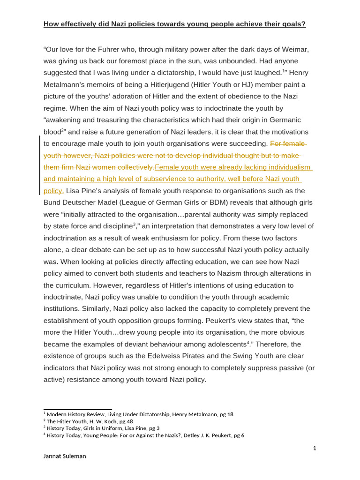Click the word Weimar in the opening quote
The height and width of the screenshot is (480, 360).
296,49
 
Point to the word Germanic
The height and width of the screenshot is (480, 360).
281,120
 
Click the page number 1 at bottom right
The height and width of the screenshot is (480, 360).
315,448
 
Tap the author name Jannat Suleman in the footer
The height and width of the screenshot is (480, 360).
65,456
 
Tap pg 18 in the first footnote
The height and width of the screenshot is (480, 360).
227,414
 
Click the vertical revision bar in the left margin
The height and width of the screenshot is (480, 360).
39,165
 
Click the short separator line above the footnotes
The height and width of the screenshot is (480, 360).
78,409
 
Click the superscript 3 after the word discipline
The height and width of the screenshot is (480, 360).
135,225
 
